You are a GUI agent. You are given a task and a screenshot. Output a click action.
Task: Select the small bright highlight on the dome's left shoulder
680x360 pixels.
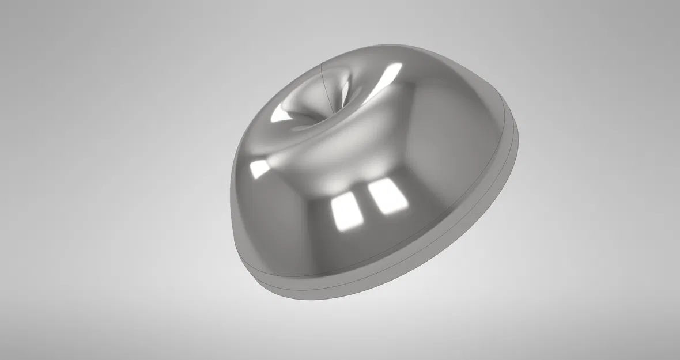point(259,168)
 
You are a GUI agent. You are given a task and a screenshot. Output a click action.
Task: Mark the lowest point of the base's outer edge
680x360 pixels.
point(323,300)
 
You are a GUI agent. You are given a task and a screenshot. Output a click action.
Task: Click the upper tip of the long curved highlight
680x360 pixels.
point(401,64)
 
